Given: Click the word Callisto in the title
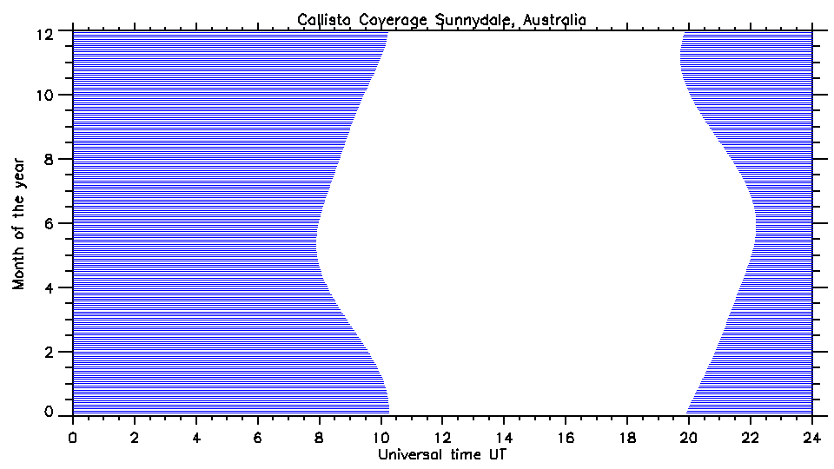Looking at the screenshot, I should coord(323,19).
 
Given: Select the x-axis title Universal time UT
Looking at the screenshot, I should coord(440,454).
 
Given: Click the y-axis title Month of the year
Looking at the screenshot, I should coord(19,222).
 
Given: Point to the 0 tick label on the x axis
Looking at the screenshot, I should coord(73,438).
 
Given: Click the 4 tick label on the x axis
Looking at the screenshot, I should coord(196,438).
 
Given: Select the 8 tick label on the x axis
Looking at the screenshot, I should coord(320,438).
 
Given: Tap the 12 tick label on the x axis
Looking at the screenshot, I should coord(442,438).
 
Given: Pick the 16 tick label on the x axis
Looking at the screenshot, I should coord(566,438).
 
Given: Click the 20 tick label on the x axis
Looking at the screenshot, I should coord(689,438).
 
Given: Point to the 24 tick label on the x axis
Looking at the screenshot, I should coord(811,438).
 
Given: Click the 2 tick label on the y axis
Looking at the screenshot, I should coord(50,351).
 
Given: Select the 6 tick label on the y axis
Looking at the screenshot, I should coord(50,223).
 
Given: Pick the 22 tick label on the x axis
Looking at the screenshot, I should coord(751,438).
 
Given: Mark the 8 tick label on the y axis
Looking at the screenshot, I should coord(50,159).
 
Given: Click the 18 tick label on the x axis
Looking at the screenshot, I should coord(627,438).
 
